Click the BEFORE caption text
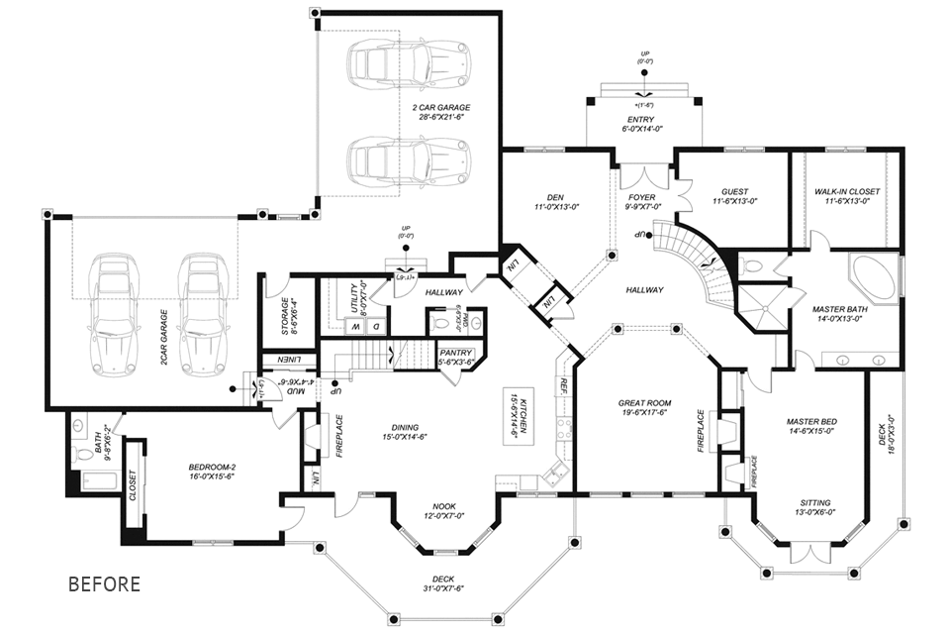tap(104, 583)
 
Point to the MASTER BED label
tap(810, 422)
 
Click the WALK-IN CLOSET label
tap(846, 191)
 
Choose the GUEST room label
tap(734, 191)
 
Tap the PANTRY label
tap(455, 352)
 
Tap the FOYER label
tap(642, 197)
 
